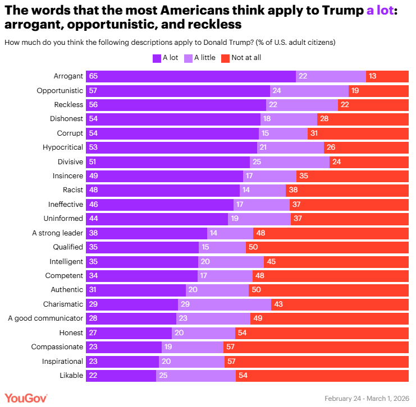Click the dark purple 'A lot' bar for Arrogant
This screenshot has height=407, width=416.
[x=191, y=76]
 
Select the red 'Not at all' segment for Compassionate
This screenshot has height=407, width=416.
[x=316, y=347]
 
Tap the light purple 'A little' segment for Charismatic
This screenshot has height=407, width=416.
[x=225, y=304]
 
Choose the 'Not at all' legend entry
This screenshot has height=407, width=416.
[x=241, y=58]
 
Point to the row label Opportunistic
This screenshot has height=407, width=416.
[x=60, y=91]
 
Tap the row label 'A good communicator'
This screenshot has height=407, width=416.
[x=45, y=318]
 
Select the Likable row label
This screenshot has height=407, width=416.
[x=71, y=376]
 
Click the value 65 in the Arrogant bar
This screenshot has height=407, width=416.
[x=93, y=76]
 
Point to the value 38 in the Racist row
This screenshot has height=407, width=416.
[x=294, y=190]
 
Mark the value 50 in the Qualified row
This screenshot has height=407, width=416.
[x=254, y=247]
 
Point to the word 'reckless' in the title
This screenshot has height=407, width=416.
[x=213, y=25]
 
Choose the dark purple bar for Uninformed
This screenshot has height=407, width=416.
[x=157, y=219]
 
